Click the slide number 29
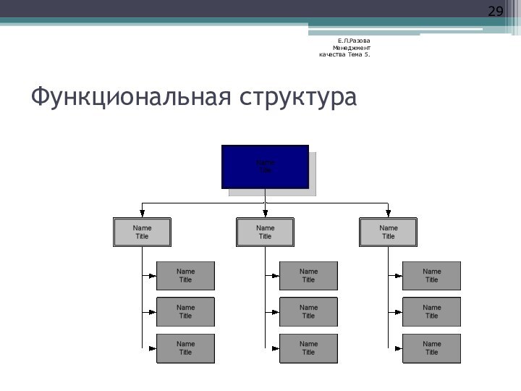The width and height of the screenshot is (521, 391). tap(495, 12)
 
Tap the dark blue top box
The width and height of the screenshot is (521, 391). tap(265, 167)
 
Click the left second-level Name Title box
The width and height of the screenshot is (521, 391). tap(142, 232)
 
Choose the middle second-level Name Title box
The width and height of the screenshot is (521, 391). tap(265, 232)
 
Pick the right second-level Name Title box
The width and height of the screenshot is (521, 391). tap(388, 232)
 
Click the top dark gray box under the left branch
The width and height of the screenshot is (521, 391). tap(185, 276)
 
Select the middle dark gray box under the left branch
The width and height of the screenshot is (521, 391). tap(185, 311)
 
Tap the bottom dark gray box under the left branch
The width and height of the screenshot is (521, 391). tap(185, 348)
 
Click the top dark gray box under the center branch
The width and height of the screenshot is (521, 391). tap(308, 276)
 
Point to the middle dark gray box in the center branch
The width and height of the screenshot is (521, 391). tap(308, 311)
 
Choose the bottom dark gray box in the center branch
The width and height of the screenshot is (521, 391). tap(308, 348)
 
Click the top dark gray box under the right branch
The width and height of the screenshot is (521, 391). tap(431, 276)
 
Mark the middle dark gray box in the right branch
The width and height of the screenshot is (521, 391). tap(431, 311)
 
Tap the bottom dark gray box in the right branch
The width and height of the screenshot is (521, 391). tap(431, 348)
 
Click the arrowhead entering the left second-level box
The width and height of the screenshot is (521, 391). tap(142, 213)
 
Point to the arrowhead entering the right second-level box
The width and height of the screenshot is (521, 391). tap(388, 213)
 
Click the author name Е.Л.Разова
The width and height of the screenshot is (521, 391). tap(354, 40)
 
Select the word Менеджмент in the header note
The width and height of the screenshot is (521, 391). tap(352, 47)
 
